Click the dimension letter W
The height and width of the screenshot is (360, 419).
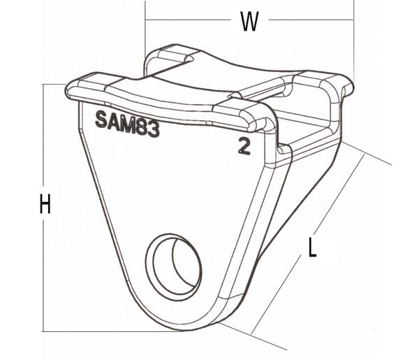[x=249, y=21]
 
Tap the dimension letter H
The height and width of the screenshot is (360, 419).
[x=45, y=204]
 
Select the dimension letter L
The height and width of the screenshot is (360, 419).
[x=312, y=247]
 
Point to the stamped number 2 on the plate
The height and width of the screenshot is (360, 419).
[x=244, y=147]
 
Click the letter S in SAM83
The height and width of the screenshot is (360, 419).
[x=101, y=120]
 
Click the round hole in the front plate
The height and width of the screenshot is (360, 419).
[x=173, y=268]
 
